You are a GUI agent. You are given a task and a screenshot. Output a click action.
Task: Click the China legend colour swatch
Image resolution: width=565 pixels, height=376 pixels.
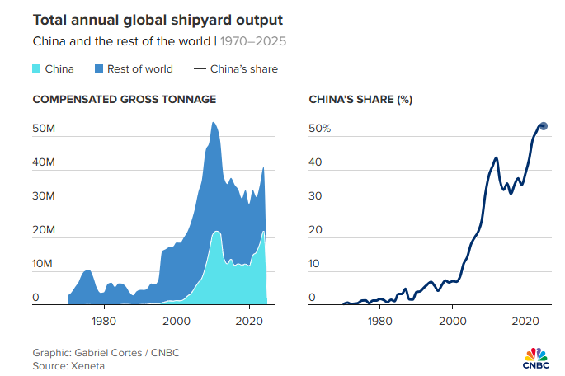39,68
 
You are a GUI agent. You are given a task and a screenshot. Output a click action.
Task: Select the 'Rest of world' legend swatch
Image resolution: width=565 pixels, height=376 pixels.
101,68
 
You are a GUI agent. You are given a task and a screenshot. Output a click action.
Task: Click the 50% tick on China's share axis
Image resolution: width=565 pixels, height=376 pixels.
319,129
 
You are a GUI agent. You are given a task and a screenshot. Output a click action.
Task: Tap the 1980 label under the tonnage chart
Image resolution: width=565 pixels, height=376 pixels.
104,319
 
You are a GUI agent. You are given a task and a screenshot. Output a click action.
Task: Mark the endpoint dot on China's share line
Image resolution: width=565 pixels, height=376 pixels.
544,126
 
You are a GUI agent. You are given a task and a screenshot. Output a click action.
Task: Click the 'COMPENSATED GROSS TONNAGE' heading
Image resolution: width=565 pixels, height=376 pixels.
124,100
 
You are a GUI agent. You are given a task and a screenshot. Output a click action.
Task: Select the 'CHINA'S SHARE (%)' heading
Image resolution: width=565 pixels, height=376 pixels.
360,100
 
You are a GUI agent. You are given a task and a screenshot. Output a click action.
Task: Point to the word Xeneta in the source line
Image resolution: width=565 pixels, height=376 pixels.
87,365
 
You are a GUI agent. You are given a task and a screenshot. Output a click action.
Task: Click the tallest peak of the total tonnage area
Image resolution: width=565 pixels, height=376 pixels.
213,124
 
